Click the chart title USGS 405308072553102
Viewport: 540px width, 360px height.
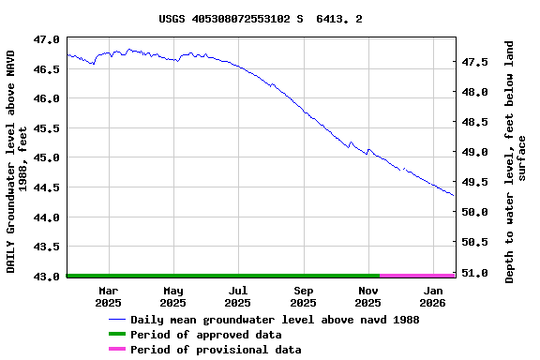pos(261,19)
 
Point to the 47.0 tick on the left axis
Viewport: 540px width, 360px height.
pos(46,39)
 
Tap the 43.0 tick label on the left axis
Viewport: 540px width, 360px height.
pos(46,277)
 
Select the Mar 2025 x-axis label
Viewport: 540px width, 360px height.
pos(108,296)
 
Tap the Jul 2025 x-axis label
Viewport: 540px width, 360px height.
pos(238,296)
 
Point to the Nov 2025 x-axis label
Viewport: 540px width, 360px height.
pos(368,296)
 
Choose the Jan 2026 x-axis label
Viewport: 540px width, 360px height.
pos(432,296)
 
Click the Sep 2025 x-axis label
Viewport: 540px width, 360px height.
pos(303,296)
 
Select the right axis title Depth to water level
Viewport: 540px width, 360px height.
pos(516,161)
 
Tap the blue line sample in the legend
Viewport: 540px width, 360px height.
pos(117,320)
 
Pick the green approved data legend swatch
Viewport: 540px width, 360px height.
pos(117,335)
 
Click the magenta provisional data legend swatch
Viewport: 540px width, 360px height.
pos(117,350)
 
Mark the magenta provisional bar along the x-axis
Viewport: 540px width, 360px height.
pos(417,276)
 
